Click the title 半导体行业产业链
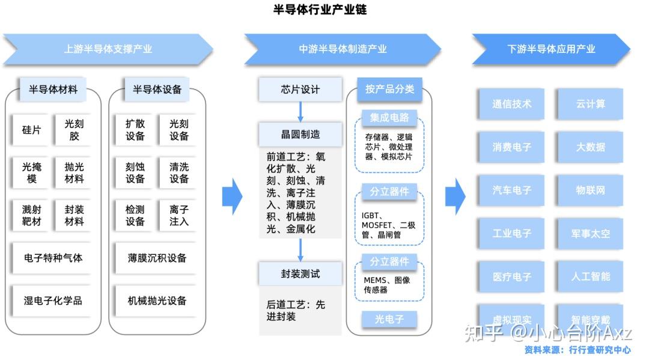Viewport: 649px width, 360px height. pos(319,10)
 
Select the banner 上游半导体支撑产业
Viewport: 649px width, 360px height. pos(108,49)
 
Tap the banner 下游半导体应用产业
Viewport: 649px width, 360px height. pos(550,49)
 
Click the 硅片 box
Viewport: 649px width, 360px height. pos(31,130)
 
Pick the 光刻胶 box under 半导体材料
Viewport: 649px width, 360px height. pos(74,130)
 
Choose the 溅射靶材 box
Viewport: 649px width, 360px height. pos(31,215)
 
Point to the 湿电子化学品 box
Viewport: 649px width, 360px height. pos(53,301)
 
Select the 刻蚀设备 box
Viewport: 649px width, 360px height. pos(135,172)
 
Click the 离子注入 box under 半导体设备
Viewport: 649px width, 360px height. pos(178,215)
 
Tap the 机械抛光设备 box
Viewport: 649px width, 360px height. pos(157,301)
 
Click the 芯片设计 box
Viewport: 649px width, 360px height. pos(300,90)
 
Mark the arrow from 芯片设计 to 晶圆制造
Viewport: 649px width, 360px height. pos(300,112)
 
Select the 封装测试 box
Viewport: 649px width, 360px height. pos(300,274)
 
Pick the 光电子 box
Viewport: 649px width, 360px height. pos(389,319)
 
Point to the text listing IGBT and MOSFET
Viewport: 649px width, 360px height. pos(388,225)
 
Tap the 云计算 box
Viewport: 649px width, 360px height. pos(590,104)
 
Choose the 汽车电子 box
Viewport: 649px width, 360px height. pos(512,190)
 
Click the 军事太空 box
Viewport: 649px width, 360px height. pos(590,233)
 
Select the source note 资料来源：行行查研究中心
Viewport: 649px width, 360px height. pos(577,350)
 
